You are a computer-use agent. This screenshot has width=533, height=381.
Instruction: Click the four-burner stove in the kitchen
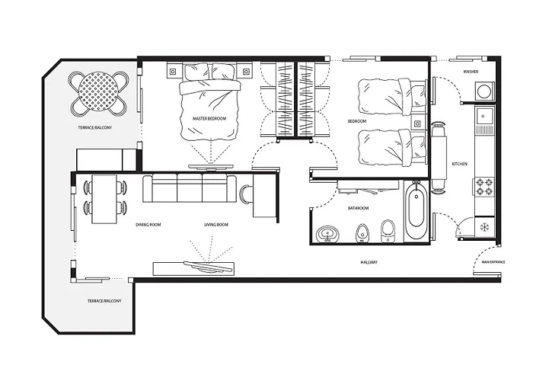[x=484, y=187]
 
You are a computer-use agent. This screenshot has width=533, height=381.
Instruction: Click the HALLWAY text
[x=369, y=263]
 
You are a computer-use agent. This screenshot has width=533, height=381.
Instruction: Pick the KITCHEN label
[x=459, y=164]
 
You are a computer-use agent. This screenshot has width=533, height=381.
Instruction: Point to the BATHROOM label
[x=358, y=207]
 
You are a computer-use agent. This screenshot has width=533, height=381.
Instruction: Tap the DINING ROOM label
[x=148, y=225]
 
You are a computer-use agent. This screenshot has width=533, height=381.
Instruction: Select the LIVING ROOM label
[x=216, y=225]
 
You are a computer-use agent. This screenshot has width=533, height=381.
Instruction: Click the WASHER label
[x=471, y=72]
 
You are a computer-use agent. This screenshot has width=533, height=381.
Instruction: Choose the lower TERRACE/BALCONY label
[x=104, y=302]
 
